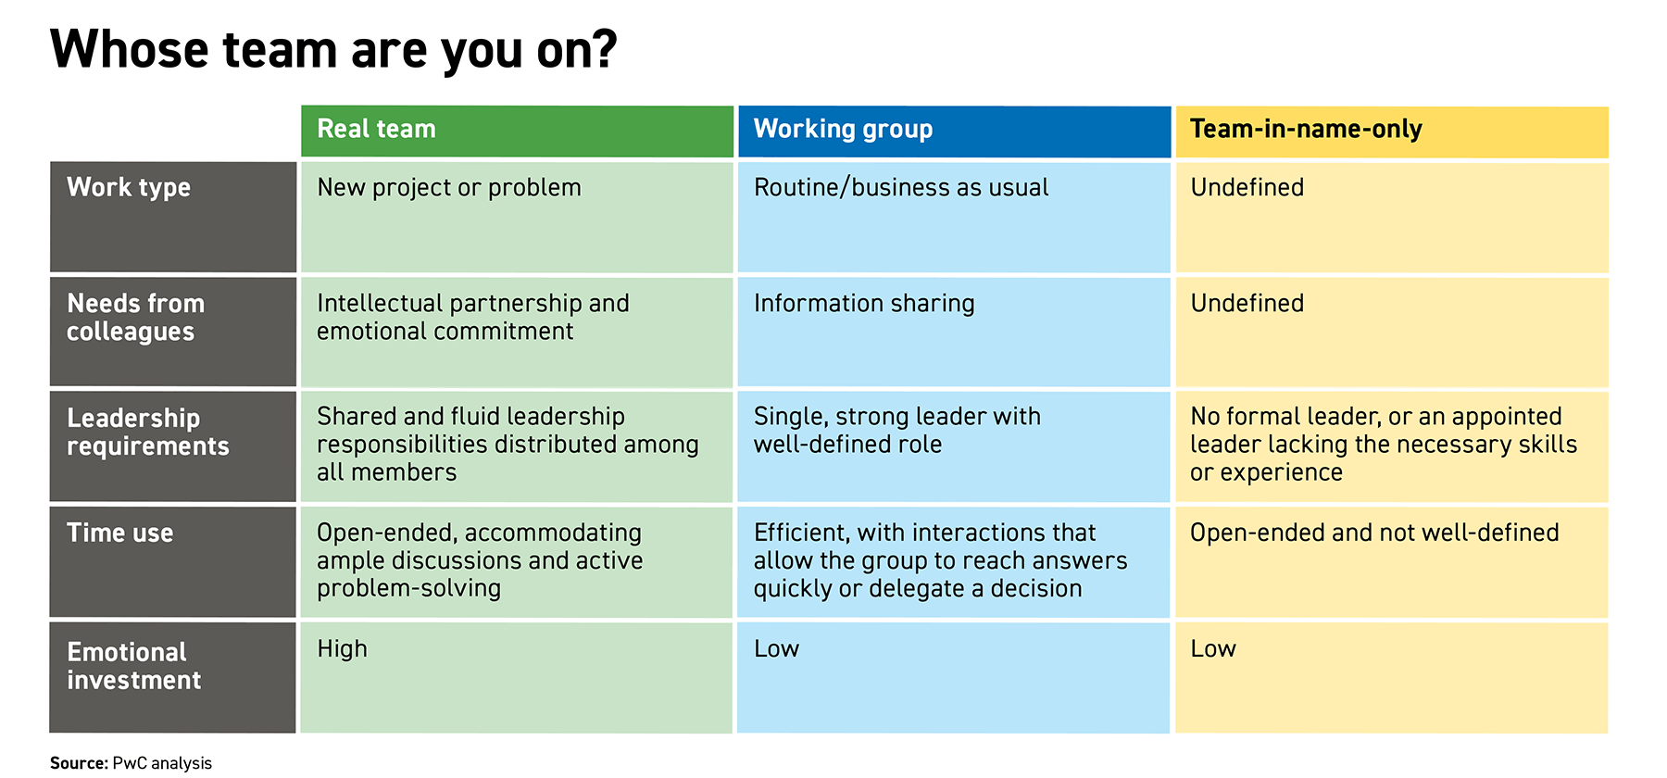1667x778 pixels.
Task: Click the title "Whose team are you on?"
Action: pyautogui.click(x=333, y=50)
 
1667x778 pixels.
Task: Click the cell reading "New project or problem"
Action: pyautogui.click(x=449, y=188)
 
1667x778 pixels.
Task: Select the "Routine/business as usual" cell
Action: pyautogui.click(x=901, y=188)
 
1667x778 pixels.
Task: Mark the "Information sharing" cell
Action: pyautogui.click(x=864, y=304)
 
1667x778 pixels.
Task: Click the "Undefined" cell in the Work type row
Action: pyautogui.click(x=1247, y=188)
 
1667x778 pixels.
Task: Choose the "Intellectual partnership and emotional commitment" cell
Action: pyautogui.click(x=472, y=318)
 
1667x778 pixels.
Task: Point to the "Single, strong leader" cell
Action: pyautogui.click(x=896, y=431)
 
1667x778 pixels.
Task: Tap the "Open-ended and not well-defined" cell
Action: pyautogui.click(x=1374, y=533)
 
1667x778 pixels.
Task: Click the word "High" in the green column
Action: pyautogui.click(x=342, y=649)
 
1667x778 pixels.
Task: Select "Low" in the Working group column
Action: pyautogui.click(x=776, y=649)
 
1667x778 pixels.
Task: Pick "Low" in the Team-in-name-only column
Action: pyautogui.click(x=1213, y=649)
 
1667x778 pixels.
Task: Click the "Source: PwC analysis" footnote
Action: pyautogui.click(x=131, y=763)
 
